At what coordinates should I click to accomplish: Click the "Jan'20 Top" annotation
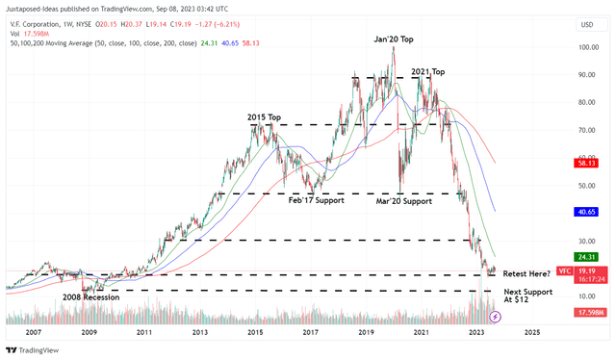pos(396,39)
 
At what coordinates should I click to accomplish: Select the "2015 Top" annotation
pos(264,117)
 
